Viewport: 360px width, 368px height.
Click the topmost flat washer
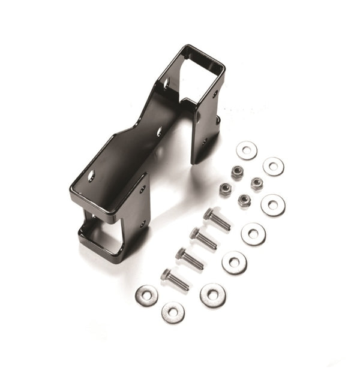point(247,150)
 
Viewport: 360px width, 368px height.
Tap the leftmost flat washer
point(146,294)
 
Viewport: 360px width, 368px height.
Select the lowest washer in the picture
point(173,312)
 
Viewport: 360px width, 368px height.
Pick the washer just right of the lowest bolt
point(213,295)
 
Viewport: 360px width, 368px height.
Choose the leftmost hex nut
point(226,190)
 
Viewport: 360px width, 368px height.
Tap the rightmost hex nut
point(257,183)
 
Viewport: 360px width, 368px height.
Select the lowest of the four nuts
point(244,200)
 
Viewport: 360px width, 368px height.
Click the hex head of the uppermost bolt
point(209,214)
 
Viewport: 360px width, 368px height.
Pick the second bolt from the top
point(203,238)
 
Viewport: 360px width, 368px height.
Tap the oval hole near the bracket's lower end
point(92,176)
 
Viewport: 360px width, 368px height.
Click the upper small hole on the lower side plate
point(143,190)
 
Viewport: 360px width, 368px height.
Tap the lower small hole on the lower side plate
point(142,225)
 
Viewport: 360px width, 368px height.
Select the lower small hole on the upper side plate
point(206,142)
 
